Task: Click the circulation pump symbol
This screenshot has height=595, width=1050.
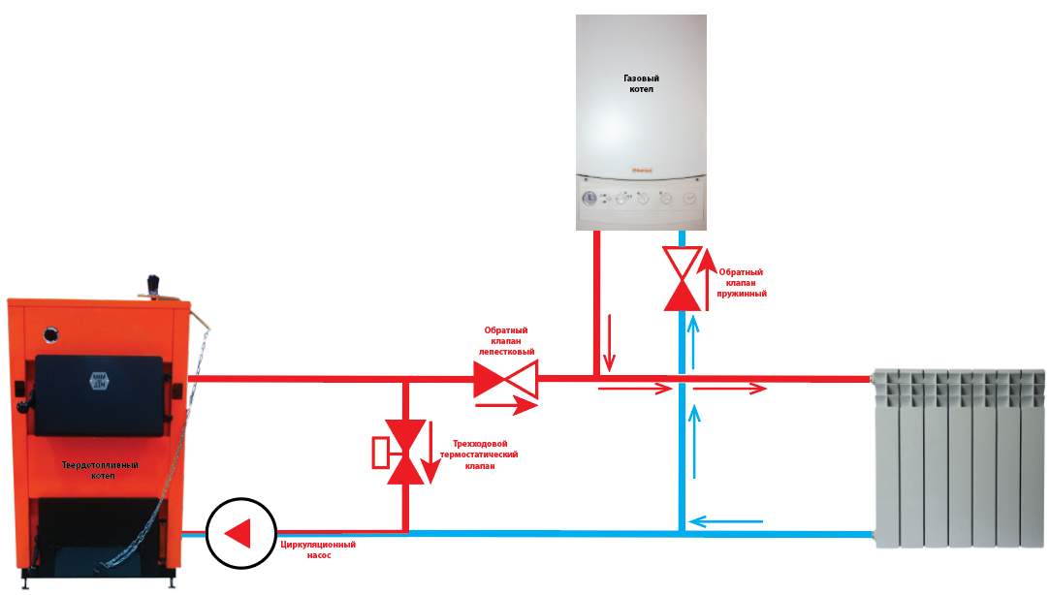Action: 241,533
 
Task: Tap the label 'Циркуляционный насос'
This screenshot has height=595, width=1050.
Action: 318,549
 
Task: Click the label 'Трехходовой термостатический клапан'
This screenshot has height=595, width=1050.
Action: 479,454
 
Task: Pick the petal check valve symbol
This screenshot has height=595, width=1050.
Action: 505,379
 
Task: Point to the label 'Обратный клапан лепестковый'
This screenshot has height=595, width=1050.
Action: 506,341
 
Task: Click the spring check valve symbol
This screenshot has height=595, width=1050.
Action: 683,278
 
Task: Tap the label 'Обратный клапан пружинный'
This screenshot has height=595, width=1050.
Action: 742,282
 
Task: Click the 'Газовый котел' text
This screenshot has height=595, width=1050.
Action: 642,83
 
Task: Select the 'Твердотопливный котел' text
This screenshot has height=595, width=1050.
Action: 101,470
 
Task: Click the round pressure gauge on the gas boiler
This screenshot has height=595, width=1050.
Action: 589,198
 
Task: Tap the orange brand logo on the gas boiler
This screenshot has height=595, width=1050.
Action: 642,171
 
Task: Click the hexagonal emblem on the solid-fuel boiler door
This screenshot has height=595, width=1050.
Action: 99,381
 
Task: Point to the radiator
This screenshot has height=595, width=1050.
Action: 959,457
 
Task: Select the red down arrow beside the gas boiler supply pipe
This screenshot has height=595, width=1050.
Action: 610,343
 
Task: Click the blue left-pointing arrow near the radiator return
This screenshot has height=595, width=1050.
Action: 726,520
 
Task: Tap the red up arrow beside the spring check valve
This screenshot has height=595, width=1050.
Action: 707,280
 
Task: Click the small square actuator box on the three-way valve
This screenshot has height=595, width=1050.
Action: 380,453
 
